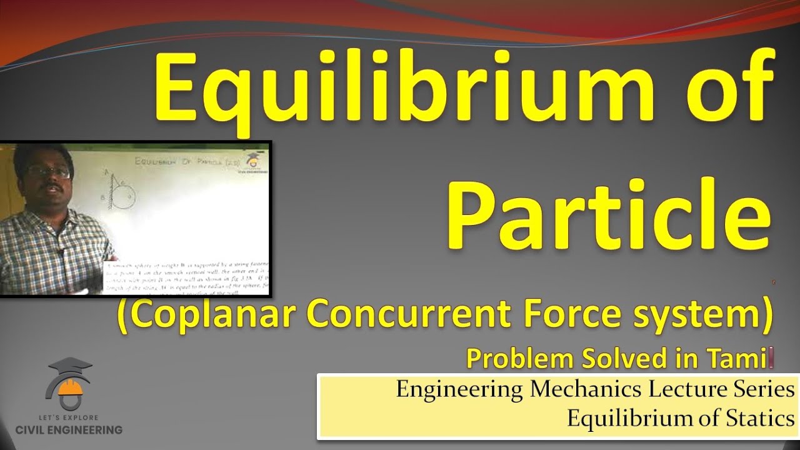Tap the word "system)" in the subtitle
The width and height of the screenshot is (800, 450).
click(704, 316)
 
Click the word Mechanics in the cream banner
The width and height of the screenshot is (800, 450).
click(585, 390)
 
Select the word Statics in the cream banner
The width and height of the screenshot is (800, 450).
click(759, 418)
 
